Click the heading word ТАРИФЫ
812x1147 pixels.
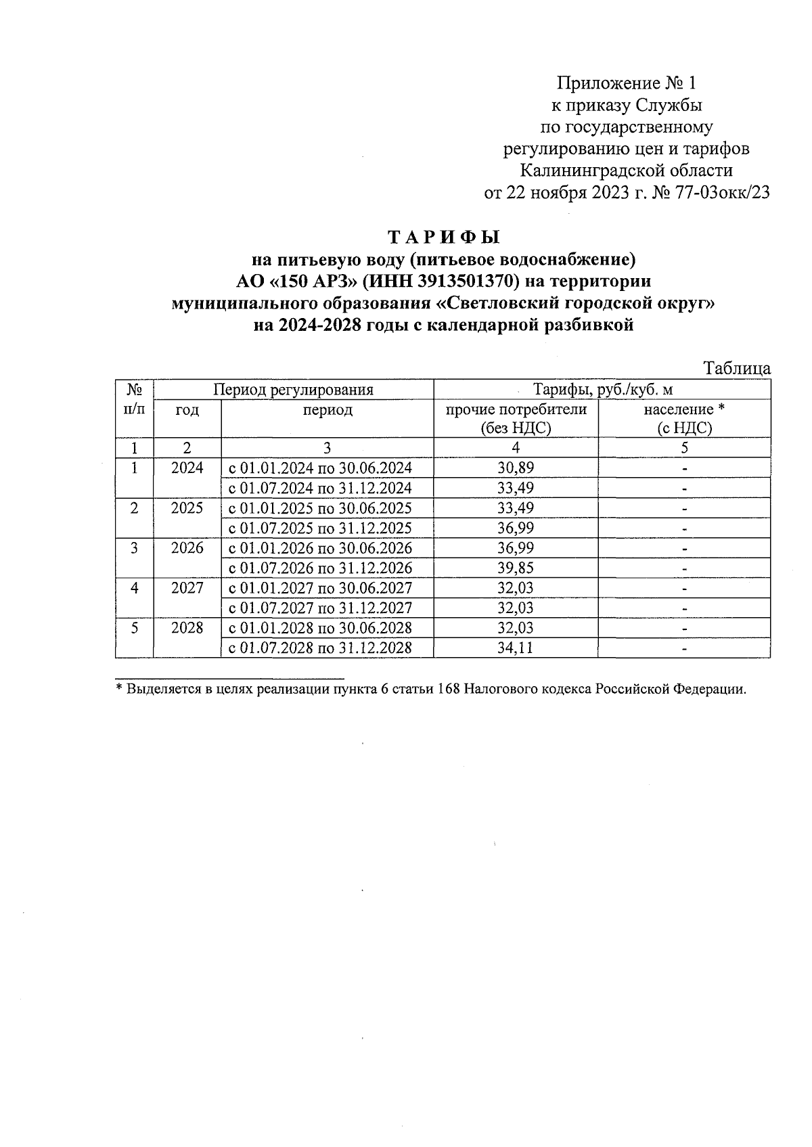(443, 238)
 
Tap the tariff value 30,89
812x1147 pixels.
(516, 468)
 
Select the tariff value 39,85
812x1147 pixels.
(516, 568)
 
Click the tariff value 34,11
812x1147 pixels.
(516, 648)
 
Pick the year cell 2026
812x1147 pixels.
(187, 548)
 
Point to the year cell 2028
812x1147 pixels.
(187, 628)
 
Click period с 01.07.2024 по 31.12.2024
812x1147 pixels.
(320, 489)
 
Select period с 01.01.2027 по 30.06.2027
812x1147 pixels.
(320, 588)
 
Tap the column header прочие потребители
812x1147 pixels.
(516, 410)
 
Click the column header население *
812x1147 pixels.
(684, 410)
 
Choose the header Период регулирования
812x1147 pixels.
(293, 390)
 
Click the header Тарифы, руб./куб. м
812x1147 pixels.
(602, 390)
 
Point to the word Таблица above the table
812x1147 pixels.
(737, 369)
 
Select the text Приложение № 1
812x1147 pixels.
(626, 83)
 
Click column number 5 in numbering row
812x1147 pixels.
(684, 448)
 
